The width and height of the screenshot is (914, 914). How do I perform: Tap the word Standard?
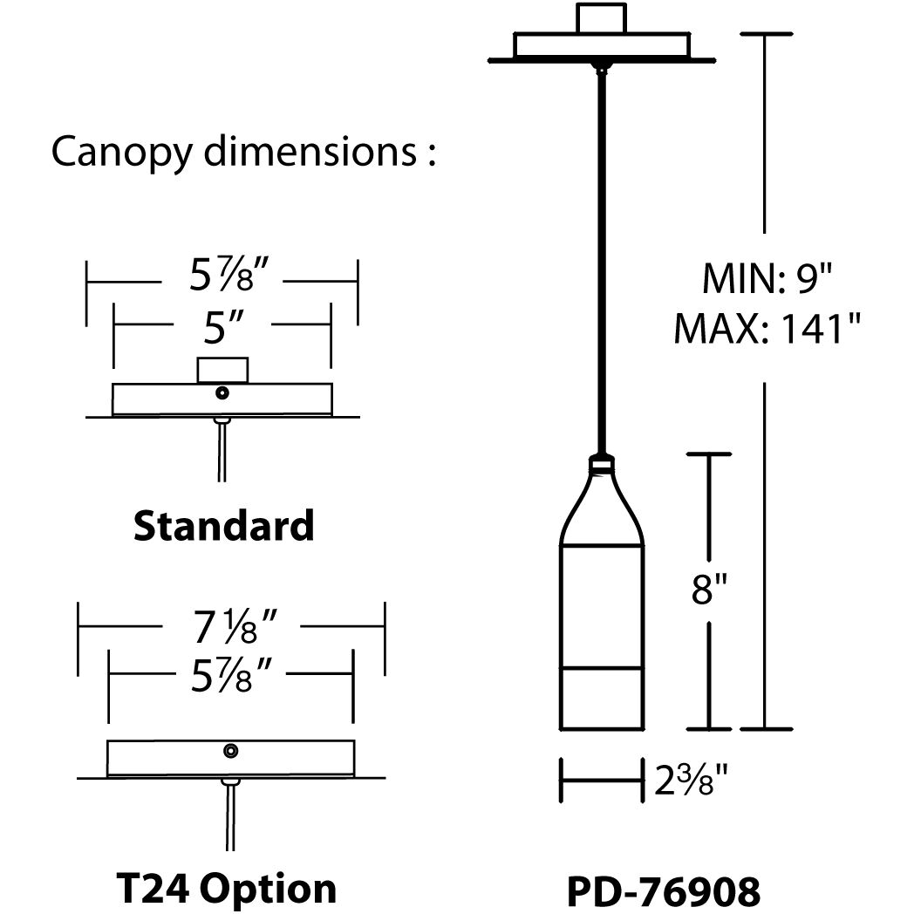click(x=223, y=526)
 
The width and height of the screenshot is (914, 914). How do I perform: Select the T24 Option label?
click(x=226, y=888)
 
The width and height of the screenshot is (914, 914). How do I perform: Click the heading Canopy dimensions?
click(x=242, y=151)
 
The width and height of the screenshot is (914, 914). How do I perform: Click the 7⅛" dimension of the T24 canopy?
click(x=232, y=625)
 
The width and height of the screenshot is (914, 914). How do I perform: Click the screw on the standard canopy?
click(x=222, y=393)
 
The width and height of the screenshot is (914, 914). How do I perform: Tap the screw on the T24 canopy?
click(x=231, y=750)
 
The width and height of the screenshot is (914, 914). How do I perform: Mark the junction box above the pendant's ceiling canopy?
click(x=601, y=18)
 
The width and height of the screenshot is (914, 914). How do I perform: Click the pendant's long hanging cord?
click(x=600, y=262)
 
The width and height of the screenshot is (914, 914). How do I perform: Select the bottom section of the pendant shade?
click(x=600, y=698)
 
